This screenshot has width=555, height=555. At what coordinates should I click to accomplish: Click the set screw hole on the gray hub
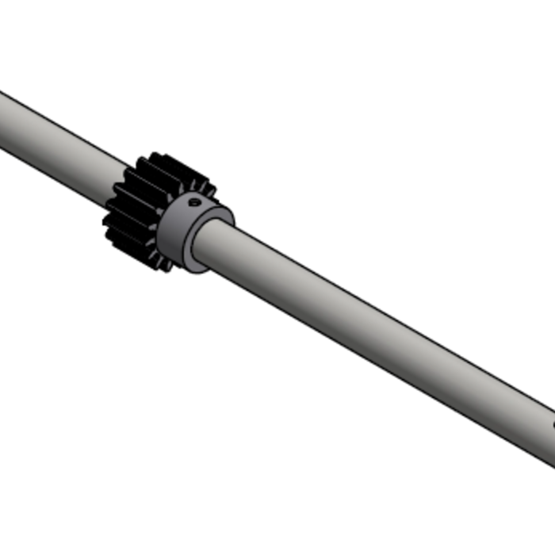pos(193,202)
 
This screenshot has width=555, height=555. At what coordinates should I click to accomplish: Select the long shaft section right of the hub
pos(373,333)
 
